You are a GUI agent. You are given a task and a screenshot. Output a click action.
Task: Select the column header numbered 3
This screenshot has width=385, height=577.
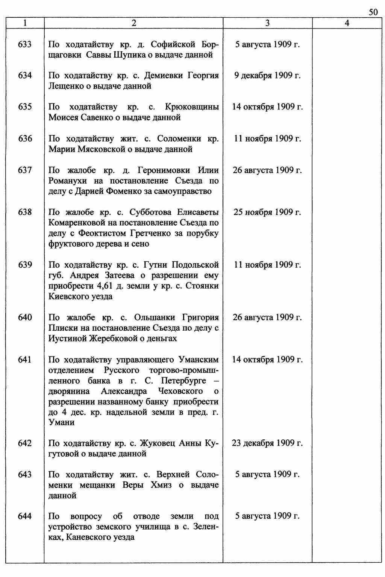point(267,23)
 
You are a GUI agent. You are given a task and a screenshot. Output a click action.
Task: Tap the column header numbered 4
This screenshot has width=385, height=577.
point(347,23)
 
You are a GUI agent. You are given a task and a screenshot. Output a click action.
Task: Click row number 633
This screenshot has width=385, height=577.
point(25,44)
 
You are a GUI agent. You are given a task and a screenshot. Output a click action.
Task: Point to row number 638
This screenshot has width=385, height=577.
point(25,212)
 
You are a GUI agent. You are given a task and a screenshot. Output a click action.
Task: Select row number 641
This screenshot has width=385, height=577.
point(25,360)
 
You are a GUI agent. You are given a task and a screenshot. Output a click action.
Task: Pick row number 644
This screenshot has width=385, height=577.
point(25,516)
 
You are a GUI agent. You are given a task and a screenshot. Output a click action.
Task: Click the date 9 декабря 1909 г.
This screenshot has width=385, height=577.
point(267,76)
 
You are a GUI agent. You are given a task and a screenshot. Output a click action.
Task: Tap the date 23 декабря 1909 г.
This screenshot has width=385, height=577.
point(267,443)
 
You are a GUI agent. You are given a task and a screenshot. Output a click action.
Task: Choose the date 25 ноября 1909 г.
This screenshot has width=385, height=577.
point(267,212)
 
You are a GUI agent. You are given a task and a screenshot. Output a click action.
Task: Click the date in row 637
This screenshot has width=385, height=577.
point(267,170)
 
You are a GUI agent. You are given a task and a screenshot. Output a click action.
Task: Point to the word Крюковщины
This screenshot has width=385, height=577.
point(192,107)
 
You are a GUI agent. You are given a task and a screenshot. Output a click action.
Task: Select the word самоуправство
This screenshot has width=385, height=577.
point(183,191)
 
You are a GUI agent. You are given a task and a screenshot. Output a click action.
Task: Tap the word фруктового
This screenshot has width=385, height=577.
point(69,244)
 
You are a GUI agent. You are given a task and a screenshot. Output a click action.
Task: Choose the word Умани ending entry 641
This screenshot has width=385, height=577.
point(62,422)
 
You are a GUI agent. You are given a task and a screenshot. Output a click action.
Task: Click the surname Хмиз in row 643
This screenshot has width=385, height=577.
point(161,485)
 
